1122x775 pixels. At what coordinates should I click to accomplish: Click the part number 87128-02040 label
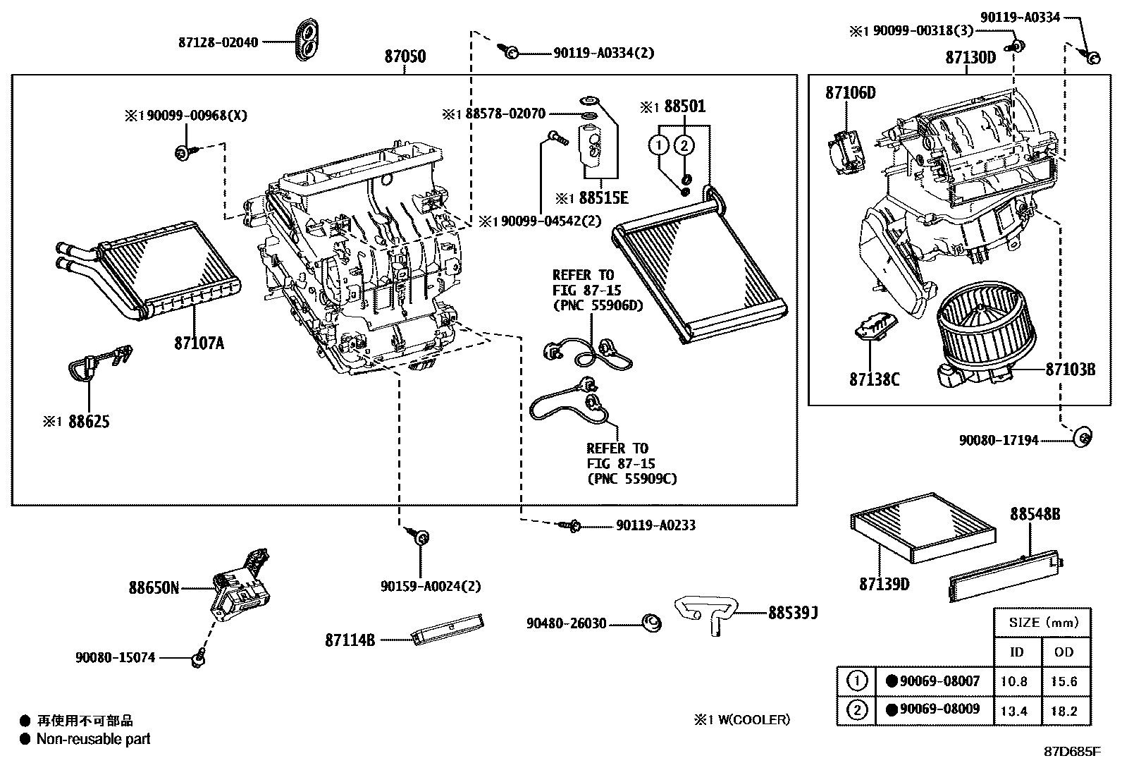point(218,42)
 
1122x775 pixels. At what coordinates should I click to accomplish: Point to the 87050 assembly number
point(405,56)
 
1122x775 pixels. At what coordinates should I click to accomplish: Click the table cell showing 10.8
point(1014,682)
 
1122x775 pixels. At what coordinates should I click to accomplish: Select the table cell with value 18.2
point(1064,711)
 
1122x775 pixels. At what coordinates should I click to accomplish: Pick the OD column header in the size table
point(1064,652)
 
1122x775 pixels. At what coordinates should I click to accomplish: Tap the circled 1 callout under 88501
point(658,146)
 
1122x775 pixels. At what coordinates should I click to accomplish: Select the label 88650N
point(154,587)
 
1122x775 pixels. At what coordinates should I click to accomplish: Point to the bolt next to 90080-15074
point(198,659)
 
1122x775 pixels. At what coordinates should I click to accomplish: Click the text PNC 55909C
point(631,479)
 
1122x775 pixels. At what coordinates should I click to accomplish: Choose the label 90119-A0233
point(655,525)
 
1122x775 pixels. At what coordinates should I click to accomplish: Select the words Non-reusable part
point(93,739)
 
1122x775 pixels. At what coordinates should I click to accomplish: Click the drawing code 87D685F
point(1072,751)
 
